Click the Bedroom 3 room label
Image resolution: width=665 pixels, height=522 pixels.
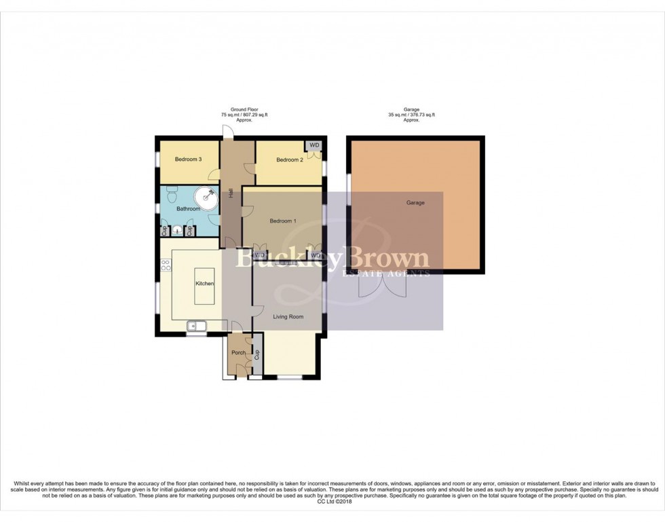(188, 160)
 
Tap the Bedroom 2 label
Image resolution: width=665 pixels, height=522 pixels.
(289, 160)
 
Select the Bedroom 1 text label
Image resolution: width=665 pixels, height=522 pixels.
(282, 221)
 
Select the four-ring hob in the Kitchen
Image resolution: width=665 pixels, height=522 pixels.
(164, 266)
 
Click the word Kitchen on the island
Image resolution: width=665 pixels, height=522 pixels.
(205, 284)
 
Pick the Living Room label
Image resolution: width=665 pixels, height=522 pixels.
(288, 317)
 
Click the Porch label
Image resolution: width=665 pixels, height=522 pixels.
(238, 353)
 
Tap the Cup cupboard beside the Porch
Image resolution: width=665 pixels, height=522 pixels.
(257, 354)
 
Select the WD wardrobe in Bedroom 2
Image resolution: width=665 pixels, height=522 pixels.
(314, 146)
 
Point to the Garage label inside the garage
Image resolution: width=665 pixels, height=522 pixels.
(415, 203)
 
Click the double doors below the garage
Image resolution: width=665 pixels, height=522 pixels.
(383, 287)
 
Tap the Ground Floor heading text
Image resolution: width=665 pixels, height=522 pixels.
(244, 109)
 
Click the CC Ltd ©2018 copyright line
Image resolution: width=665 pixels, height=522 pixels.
(332, 502)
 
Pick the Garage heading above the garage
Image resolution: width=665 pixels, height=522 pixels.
(411, 109)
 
